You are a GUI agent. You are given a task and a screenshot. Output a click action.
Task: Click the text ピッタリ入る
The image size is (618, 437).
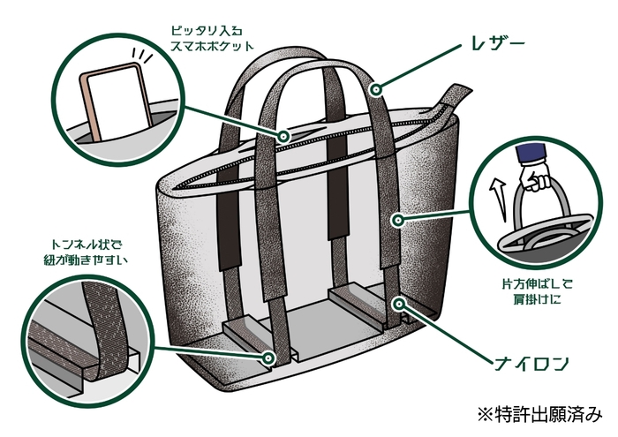point(205,28)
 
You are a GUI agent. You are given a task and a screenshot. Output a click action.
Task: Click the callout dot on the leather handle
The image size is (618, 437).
point(377,88)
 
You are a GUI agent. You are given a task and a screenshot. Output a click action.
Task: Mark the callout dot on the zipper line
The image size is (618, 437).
point(284,137)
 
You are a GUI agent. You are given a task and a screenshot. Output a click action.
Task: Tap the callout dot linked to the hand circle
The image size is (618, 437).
point(399,218)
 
